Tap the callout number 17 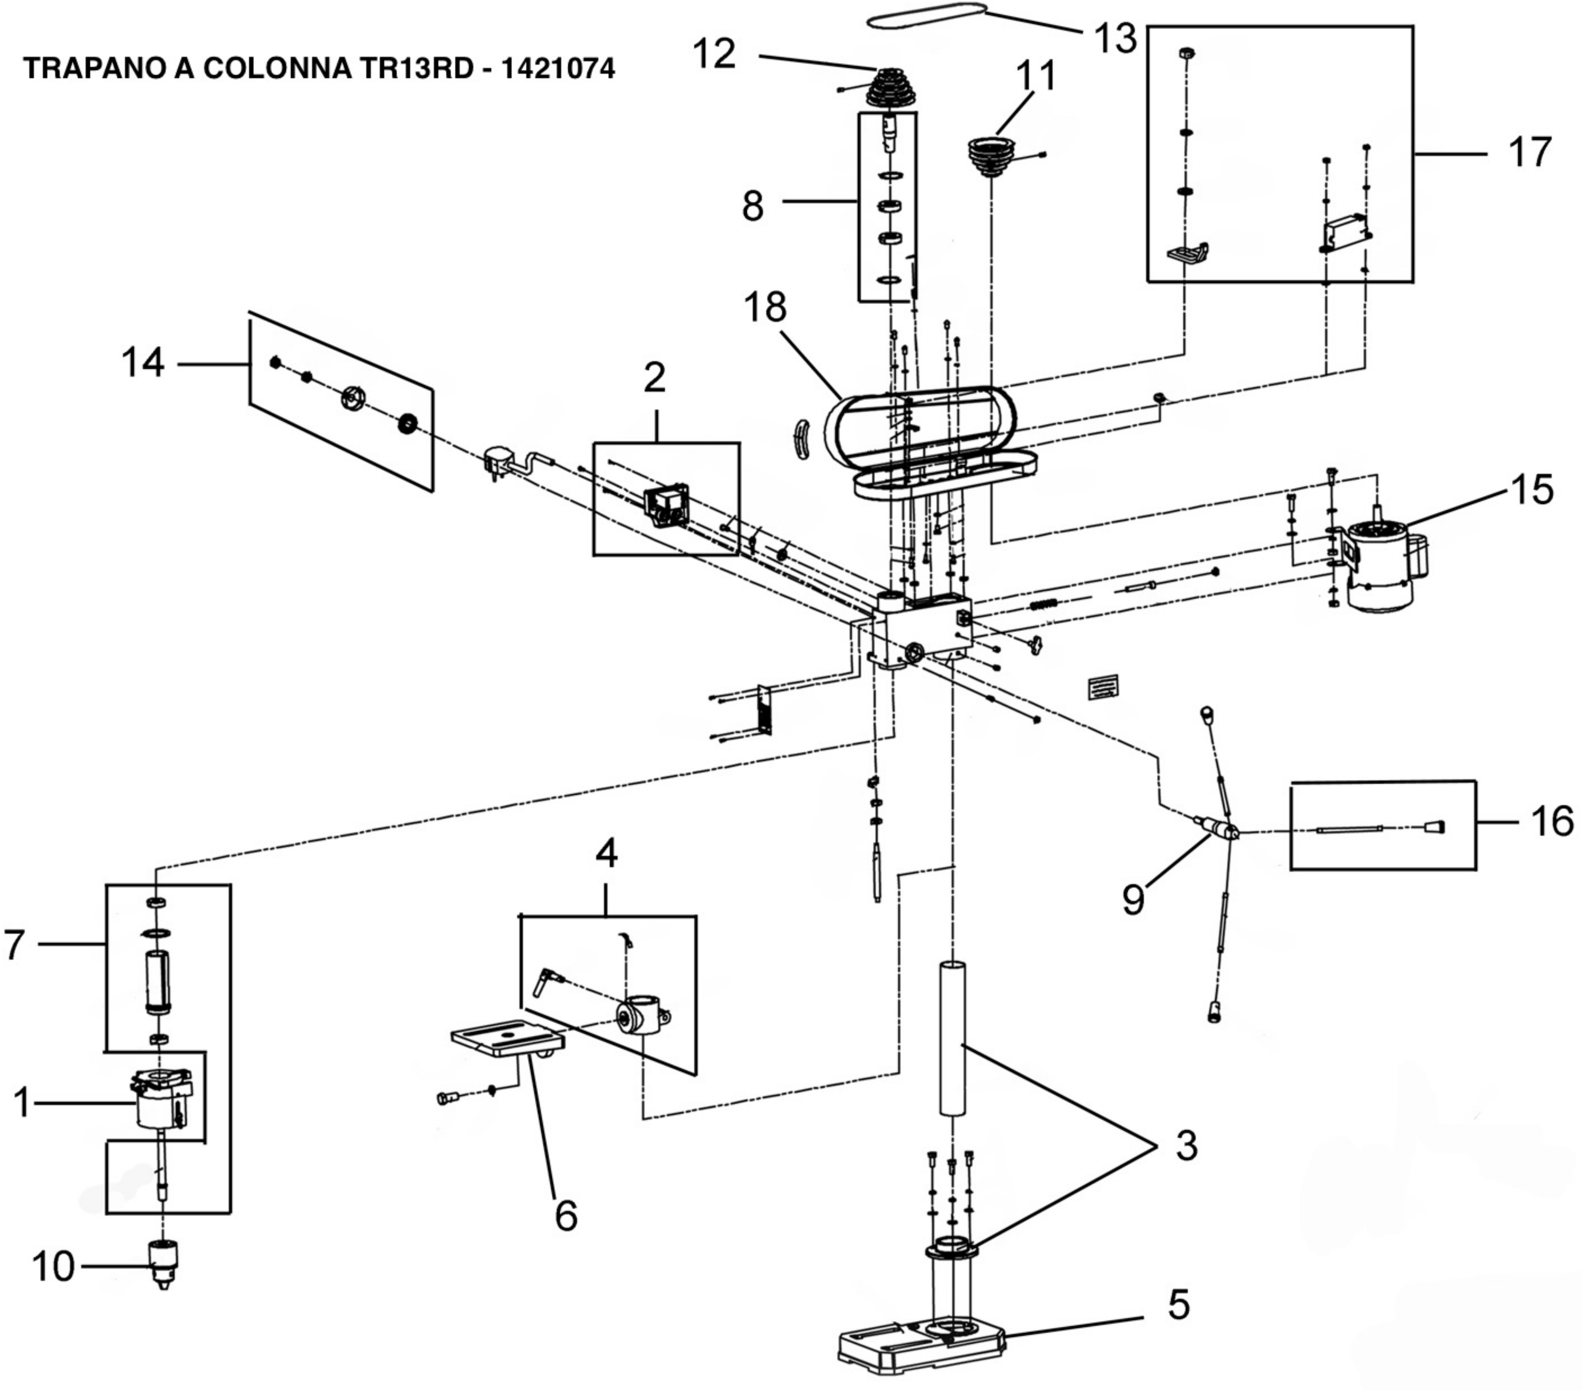[1530, 152]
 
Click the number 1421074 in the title [557, 69]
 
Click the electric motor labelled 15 [1382, 565]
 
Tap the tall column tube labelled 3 [953, 1038]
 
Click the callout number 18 [765, 307]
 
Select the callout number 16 [1551, 821]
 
